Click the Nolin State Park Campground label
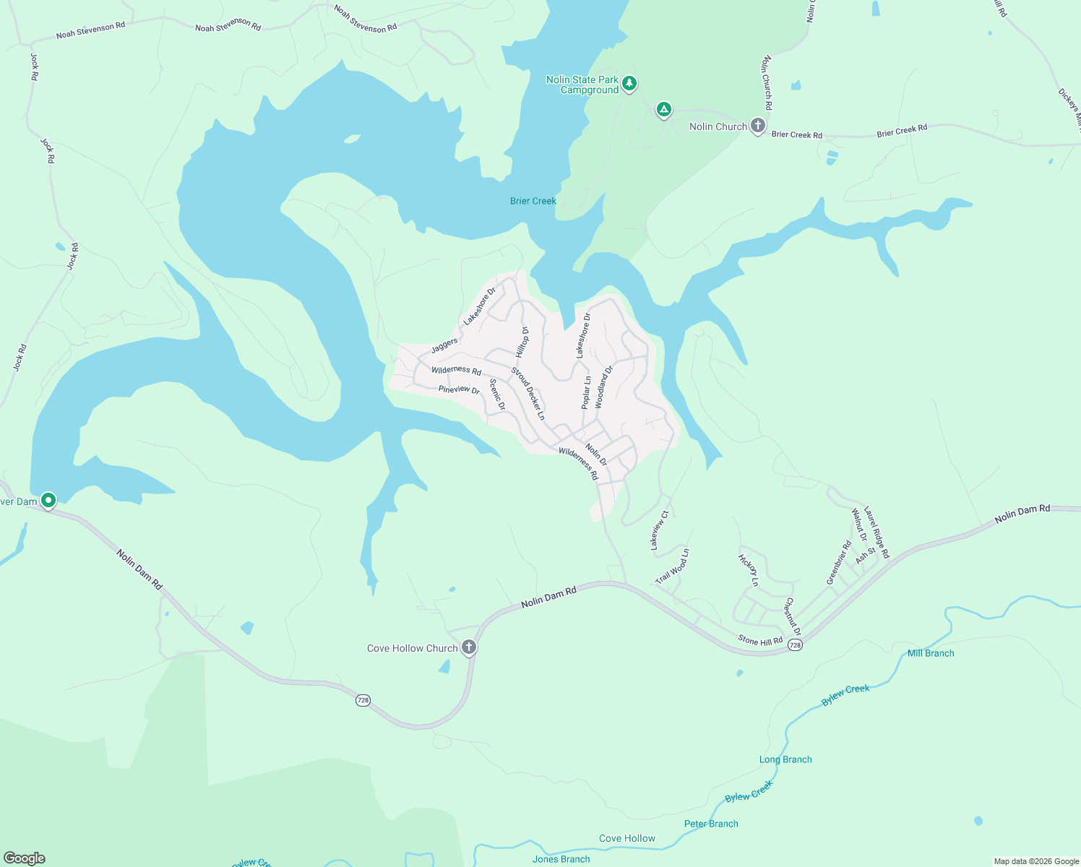point(582,85)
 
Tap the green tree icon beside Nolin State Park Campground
point(629,84)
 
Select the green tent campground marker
point(663,110)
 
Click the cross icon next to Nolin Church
point(757,126)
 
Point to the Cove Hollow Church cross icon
point(469,647)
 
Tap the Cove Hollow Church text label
point(412,648)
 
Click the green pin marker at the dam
point(48,500)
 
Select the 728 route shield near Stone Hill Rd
point(795,644)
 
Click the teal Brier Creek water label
point(533,201)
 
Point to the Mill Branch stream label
point(931,653)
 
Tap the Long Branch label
point(785,759)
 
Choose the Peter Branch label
point(711,824)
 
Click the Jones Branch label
point(561,859)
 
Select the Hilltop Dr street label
point(522,342)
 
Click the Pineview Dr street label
point(459,389)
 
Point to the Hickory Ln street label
point(749,570)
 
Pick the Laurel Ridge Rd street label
point(877,531)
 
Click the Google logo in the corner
point(25,858)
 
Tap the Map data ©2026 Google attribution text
point(1036,861)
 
